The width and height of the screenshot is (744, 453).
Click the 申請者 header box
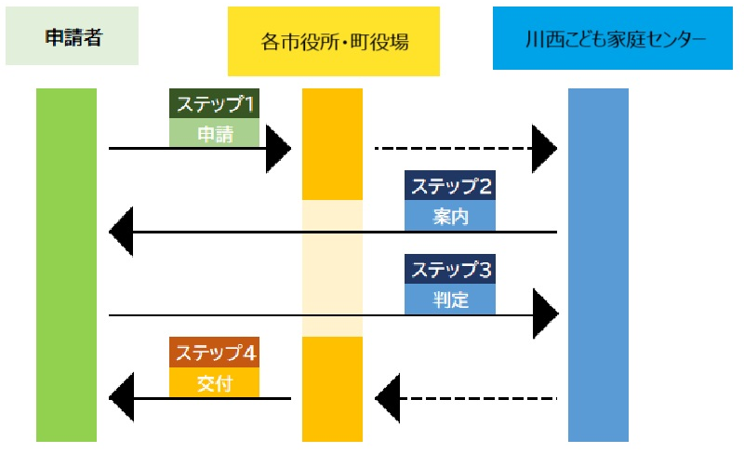(72, 37)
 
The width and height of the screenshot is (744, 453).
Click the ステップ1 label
(214, 103)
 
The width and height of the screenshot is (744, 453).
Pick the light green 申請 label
(214, 134)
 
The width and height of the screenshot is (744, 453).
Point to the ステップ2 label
(450, 186)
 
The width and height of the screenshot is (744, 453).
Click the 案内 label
(450, 217)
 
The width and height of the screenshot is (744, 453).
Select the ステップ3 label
(450, 270)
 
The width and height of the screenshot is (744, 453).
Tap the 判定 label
(450, 300)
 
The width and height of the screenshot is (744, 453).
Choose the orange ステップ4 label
(214, 353)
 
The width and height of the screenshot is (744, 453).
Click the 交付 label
(214, 383)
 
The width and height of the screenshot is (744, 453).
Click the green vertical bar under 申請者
(66, 265)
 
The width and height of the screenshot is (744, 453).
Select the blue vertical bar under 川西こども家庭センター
(598, 265)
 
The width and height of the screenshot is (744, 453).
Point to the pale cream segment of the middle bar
(332, 268)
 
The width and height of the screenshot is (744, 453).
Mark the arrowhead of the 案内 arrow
(122, 232)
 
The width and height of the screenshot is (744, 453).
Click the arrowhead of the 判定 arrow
(544, 314)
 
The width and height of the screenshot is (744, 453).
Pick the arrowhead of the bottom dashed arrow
(388, 399)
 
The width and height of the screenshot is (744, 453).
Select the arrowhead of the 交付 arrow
(122, 399)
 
